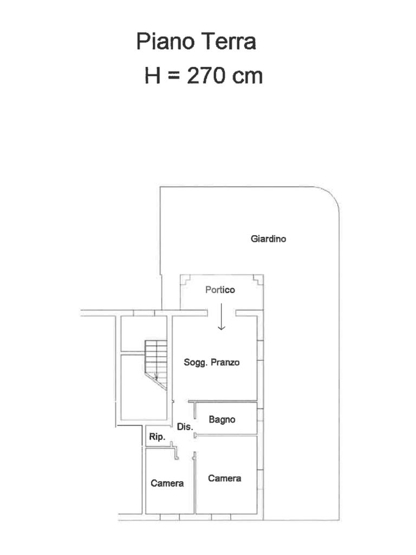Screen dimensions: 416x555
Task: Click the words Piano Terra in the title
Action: point(196,41)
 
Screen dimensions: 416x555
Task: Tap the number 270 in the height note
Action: point(205,75)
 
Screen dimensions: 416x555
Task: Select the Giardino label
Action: point(268,239)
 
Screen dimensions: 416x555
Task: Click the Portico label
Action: point(220,290)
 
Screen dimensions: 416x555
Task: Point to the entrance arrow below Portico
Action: point(222,317)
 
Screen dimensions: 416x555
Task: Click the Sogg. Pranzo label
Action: point(212,363)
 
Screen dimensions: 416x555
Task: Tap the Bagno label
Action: point(222,420)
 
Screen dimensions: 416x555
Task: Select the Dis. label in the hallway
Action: point(185,427)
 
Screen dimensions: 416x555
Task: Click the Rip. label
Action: point(157,437)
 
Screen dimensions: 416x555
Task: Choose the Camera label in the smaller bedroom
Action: point(167,483)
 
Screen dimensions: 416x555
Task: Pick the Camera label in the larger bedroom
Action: point(224,479)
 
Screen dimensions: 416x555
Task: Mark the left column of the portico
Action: point(185,280)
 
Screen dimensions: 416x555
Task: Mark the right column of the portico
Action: point(258,280)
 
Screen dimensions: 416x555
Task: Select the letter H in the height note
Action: point(152,75)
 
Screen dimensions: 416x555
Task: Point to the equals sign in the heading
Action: point(173,76)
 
